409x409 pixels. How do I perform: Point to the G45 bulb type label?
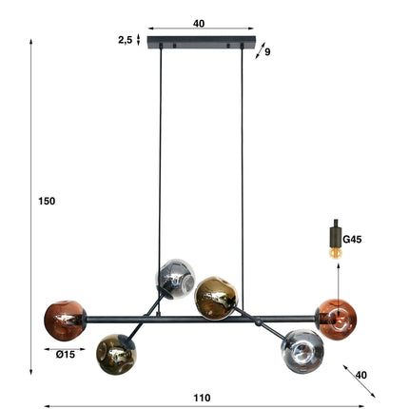pyautogui.click(x=353, y=241)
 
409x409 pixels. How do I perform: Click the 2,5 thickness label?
pyautogui.click(x=125, y=40)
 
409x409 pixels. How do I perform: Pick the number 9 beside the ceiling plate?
pyautogui.click(x=267, y=52)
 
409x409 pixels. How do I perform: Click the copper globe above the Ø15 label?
pyautogui.click(x=64, y=321)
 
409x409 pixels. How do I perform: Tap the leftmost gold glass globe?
pyautogui.click(x=115, y=354)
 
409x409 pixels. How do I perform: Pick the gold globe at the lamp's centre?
pyautogui.click(x=215, y=298)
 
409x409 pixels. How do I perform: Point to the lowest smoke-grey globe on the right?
pyautogui.click(x=302, y=349)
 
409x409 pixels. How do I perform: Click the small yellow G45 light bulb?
pyautogui.click(x=334, y=251)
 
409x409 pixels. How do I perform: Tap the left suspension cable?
pyautogui.click(x=160, y=152)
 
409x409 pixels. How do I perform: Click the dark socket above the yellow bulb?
pyautogui.click(x=334, y=233)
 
